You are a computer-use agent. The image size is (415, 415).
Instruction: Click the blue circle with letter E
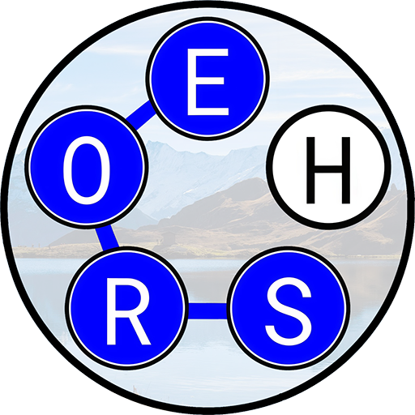coord(207,79)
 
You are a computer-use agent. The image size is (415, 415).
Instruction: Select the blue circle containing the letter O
coord(87,166)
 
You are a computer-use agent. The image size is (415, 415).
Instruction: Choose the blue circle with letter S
coord(289,309)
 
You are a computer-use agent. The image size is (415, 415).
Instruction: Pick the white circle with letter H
coord(328,167)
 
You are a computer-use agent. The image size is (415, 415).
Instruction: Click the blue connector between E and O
coord(140,113)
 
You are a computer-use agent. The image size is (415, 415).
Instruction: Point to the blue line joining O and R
coord(107,237)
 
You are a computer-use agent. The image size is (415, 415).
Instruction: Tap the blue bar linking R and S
coord(207,311)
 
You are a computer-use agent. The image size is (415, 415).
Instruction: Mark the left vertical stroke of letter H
coord(310,170)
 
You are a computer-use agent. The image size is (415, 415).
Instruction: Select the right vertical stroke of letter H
coord(346,170)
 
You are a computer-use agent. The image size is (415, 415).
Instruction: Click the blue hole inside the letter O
coord(87,170)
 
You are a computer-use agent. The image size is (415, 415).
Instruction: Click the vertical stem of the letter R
coord(112,312)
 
